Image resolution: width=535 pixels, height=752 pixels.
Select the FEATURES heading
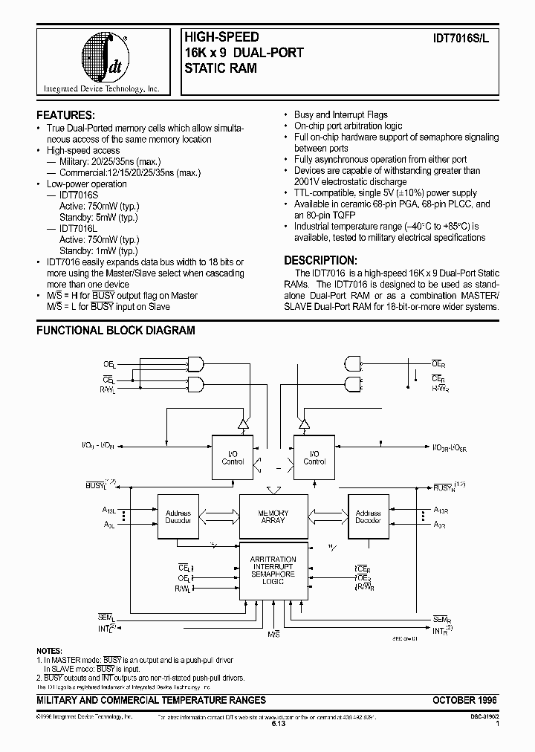[x=66, y=115]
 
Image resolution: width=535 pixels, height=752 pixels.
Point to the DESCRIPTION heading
[x=321, y=261]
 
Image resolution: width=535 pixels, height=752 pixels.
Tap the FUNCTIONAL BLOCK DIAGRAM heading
[x=116, y=330]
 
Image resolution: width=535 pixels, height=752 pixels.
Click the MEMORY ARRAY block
[x=273, y=517]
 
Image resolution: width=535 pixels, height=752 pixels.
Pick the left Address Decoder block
[x=178, y=517]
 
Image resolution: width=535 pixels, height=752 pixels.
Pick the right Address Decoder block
[x=368, y=517]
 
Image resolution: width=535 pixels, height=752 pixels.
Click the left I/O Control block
[x=233, y=457]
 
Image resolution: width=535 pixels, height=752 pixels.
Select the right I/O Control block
[x=314, y=457]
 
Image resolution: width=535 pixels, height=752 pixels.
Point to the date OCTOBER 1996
[x=464, y=701]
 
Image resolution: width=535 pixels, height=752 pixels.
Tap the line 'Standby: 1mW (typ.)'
[x=100, y=252]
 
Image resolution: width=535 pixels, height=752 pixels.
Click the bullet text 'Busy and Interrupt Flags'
[x=341, y=115]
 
